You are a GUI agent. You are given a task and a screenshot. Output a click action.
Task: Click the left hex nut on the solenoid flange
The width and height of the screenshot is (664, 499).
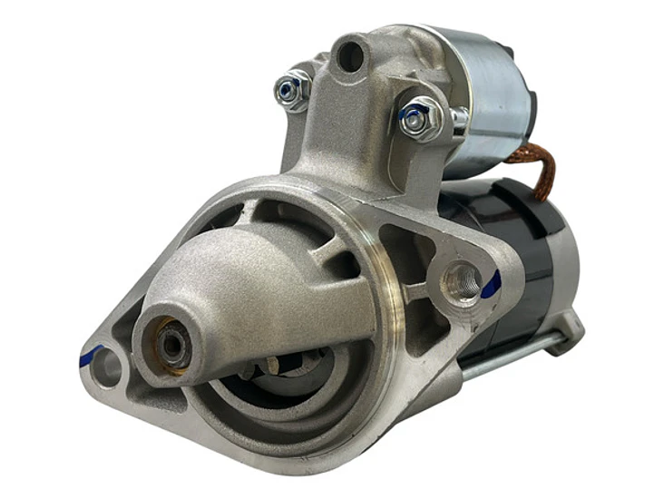pos(291,90)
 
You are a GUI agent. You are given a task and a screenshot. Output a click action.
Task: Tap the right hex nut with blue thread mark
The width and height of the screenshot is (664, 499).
pos(419,118)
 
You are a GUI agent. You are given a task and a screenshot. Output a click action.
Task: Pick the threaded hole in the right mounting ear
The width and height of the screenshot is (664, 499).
pos(462,282)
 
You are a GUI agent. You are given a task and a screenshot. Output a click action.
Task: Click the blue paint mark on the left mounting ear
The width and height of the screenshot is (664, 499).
pos(90,355)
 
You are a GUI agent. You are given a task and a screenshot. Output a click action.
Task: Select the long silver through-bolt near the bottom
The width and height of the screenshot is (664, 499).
pos(508,358)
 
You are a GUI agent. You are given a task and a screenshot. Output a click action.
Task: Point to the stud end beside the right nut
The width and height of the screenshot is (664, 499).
pos(459,119)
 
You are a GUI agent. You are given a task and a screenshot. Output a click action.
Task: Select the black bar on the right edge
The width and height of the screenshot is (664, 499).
pos(640,249)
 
